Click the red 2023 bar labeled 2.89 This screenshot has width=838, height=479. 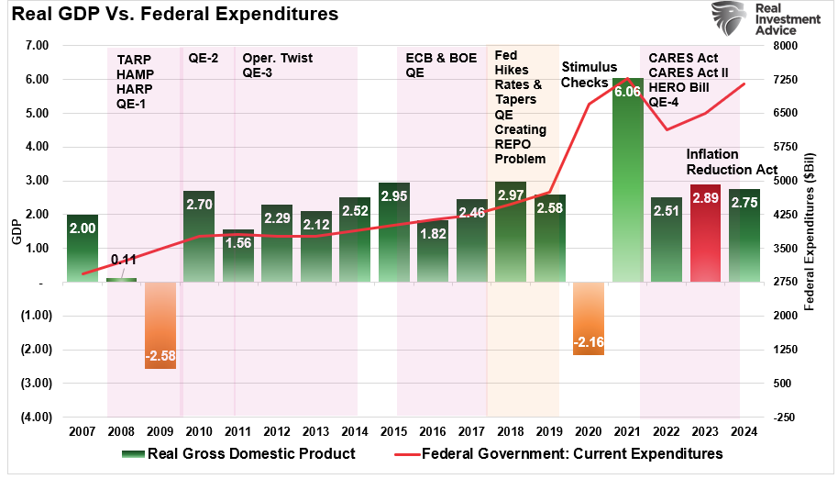click(x=705, y=233)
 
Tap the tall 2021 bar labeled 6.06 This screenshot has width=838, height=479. click(x=626, y=180)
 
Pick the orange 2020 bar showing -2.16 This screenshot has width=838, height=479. click(x=588, y=318)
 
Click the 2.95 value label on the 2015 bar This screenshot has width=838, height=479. click(x=393, y=196)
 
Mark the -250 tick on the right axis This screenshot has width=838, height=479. click(x=785, y=417)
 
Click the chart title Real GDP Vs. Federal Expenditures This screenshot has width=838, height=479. click(x=172, y=15)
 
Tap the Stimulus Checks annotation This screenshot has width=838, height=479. click(x=586, y=74)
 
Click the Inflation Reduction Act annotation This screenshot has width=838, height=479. click(x=731, y=162)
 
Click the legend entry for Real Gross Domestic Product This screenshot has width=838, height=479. click(x=238, y=453)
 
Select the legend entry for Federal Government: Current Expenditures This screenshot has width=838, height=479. click(x=558, y=453)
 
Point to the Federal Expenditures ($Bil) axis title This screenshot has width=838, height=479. click(x=821, y=229)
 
